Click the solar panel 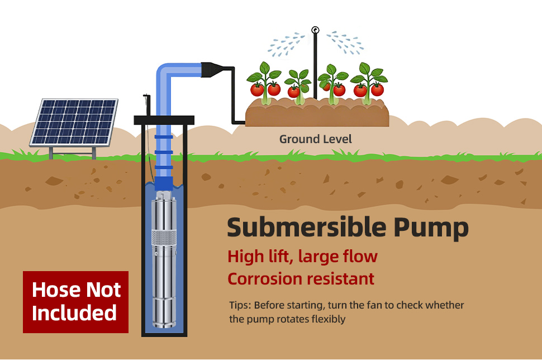(74, 121)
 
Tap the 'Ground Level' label (316, 139)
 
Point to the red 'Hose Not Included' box (75, 301)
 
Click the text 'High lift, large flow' (302, 257)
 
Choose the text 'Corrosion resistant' (301, 278)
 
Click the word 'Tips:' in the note (241, 305)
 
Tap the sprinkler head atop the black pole (315, 30)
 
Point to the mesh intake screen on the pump (164, 239)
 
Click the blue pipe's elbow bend (164, 72)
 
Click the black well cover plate (164, 120)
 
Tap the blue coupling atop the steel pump (164, 183)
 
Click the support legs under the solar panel (72, 152)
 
